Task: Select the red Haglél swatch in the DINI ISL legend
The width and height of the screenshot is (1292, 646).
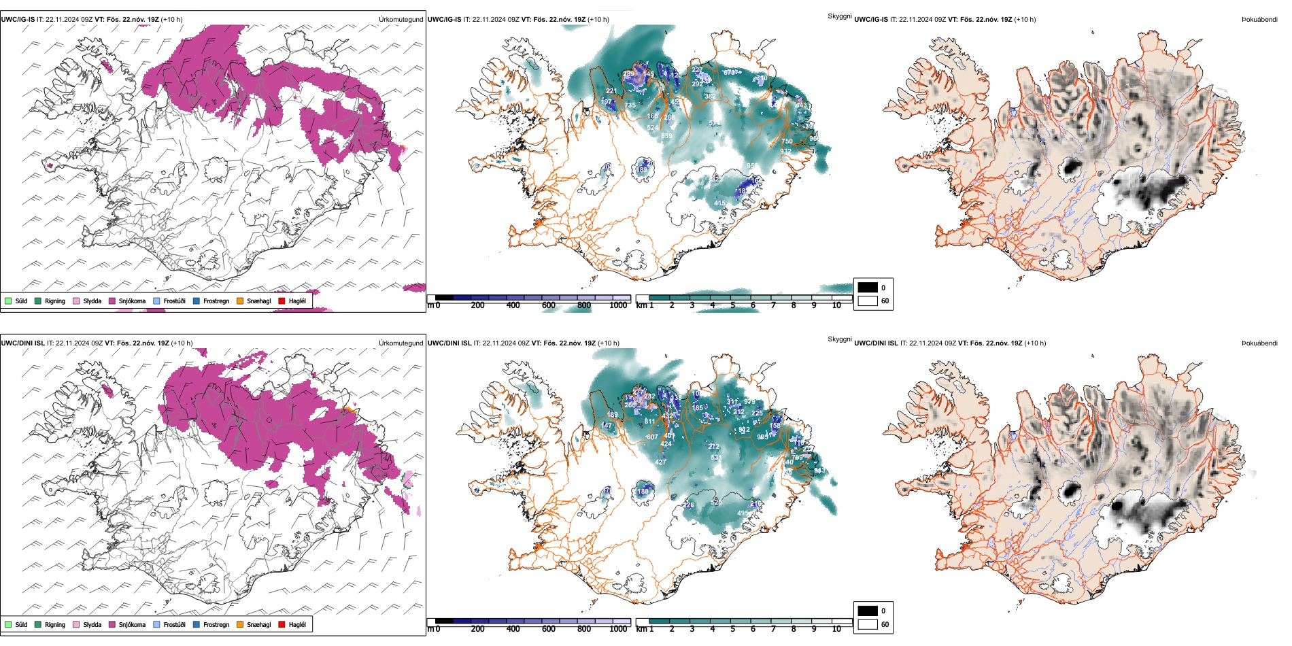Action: coord(282,624)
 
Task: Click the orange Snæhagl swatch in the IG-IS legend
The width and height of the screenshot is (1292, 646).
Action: coord(240,301)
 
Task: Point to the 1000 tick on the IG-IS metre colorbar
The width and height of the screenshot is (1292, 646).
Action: coord(618,305)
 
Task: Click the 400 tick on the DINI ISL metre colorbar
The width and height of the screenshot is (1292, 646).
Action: coord(513,629)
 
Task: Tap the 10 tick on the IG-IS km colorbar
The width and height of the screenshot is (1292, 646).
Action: coord(836,305)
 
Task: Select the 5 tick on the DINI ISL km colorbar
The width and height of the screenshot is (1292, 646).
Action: coord(733,629)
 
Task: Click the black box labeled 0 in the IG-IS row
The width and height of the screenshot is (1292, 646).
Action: coord(868,288)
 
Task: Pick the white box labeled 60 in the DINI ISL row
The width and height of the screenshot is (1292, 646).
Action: coord(868,624)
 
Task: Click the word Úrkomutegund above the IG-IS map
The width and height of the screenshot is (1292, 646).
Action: coord(401,20)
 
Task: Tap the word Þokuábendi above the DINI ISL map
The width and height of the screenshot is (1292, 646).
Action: coord(1259,343)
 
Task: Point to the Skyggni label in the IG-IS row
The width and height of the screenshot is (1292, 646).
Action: coord(839,16)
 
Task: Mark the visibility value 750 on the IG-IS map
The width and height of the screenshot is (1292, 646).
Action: coord(787,141)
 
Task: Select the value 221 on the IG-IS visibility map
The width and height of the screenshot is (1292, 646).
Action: coord(611,91)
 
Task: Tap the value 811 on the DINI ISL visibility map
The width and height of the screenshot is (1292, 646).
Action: coord(649,422)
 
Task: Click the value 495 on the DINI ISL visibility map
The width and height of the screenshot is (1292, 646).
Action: coord(743,514)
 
